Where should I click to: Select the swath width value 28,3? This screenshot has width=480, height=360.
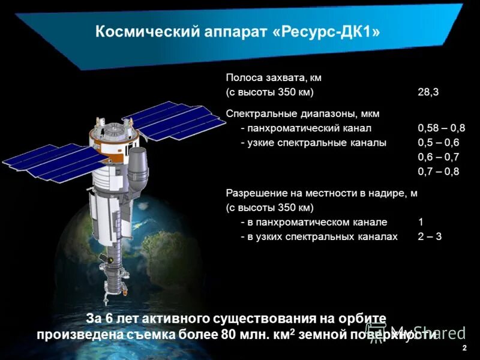tap(428, 92)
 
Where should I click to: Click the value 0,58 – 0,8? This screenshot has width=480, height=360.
tap(441, 128)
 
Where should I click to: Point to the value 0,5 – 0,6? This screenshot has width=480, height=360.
tap(438, 143)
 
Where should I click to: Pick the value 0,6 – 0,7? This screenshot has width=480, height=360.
tap(438, 157)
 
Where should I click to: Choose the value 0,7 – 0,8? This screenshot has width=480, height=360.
tap(438, 172)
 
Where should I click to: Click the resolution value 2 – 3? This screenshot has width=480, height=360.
tap(430, 236)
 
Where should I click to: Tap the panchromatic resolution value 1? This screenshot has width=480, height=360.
tap(421, 222)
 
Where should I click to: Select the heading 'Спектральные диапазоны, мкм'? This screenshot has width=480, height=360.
tap(302, 113)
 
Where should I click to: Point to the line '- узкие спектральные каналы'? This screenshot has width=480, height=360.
tap(313, 143)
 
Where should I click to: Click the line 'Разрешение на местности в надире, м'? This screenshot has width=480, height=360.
tap(321, 193)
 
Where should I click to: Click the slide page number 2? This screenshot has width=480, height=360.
tap(464, 348)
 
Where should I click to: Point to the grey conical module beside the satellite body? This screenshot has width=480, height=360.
tap(138, 168)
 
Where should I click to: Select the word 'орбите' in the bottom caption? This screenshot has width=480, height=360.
tap(363, 319)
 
